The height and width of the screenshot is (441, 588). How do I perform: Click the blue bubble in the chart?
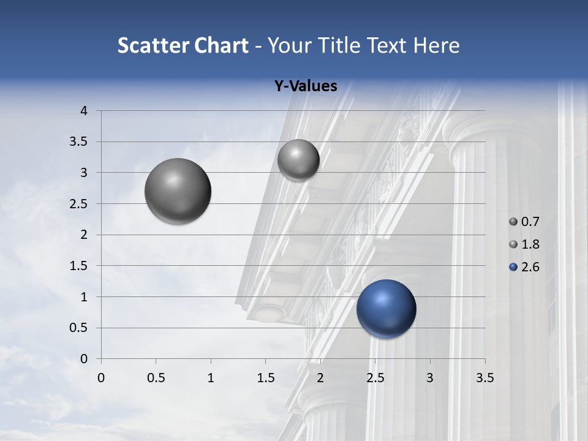click(386, 309)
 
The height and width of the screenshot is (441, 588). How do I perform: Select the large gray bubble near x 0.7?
click(178, 191)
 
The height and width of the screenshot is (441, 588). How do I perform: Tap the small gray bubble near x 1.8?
click(298, 160)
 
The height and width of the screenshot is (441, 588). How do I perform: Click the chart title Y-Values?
click(305, 86)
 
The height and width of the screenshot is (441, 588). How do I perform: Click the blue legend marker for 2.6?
click(513, 267)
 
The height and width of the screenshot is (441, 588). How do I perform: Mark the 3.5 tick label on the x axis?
click(484, 378)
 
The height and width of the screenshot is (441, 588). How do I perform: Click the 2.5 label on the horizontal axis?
click(375, 378)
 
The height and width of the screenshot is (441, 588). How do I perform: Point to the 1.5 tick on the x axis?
click(265, 378)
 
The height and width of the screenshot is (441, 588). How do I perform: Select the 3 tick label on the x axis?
click(430, 378)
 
